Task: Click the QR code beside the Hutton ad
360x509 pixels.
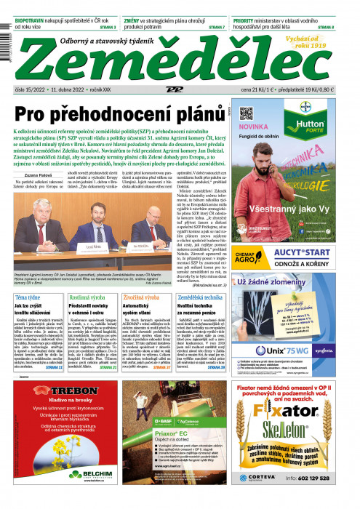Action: coord(246,114)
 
